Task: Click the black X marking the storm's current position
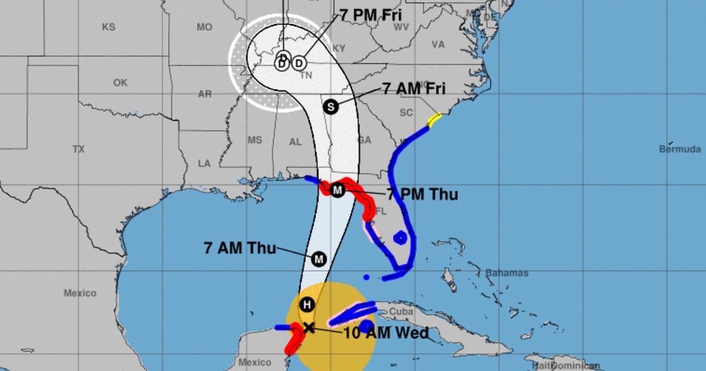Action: click(308, 327)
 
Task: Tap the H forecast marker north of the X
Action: click(306, 304)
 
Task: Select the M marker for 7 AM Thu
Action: click(319, 259)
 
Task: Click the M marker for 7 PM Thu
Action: click(337, 190)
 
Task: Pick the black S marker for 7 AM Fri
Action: click(331, 107)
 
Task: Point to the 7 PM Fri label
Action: click(371, 16)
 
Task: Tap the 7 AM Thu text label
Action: click(240, 248)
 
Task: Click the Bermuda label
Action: click(680, 149)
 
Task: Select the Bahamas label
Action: click(507, 273)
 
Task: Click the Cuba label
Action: click(401, 311)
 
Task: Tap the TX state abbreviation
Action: click(79, 150)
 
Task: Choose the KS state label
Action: click(109, 27)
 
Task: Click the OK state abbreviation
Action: click(120, 83)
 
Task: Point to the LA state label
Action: click(204, 163)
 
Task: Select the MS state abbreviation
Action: click(254, 140)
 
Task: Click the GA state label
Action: click(365, 140)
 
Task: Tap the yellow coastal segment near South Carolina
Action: click(434, 120)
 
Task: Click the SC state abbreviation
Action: click(407, 112)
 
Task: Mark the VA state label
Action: click(438, 44)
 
